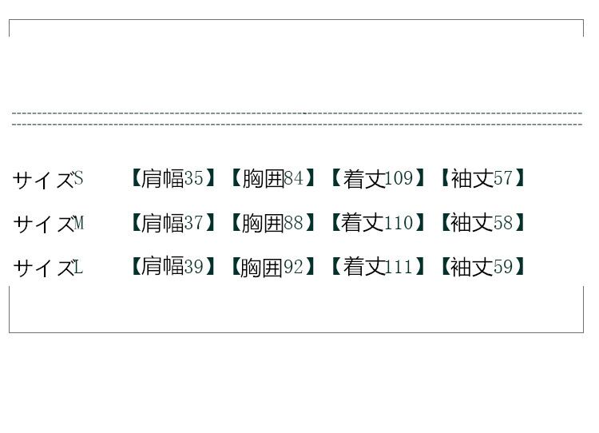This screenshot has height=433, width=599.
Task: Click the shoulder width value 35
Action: pyautogui.click(x=194, y=178)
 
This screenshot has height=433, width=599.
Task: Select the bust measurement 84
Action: pyautogui.click(x=294, y=178)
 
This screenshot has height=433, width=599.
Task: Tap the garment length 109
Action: pyautogui.click(x=399, y=178)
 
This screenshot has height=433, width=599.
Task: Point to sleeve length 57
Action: pyautogui.click(x=503, y=178)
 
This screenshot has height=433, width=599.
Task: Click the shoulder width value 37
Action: pyautogui.click(x=194, y=223)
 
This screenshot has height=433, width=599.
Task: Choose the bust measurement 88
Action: pyautogui.click(x=294, y=223)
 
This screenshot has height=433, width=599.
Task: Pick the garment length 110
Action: pyautogui.click(x=399, y=223)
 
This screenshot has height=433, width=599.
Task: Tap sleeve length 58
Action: pyautogui.click(x=503, y=223)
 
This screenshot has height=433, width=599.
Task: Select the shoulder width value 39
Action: pyautogui.click(x=194, y=267)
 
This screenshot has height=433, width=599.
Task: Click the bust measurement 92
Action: pyautogui.click(x=294, y=267)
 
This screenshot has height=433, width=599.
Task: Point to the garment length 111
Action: pyautogui.click(x=399, y=267)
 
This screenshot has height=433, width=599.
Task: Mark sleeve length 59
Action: pyautogui.click(x=503, y=267)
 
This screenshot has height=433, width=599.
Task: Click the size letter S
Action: pyautogui.click(x=78, y=178)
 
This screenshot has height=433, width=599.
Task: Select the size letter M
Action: pyautogui.click(x=78, y=223)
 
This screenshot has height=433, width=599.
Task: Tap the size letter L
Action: pyautogui.click(x=78, y=267)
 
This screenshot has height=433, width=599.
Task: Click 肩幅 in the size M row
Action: pyautogui.click(x=162, y=223)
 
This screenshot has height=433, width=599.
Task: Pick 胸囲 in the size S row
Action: pyautogui.click(x=263, y=178)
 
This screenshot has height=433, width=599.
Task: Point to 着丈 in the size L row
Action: pyautogui.click(x=364, y=267)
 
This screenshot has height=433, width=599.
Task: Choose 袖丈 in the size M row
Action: pyautogui.click(x=471, y=223)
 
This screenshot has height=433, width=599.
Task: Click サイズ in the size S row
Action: pyautogui.click(x=42, y=180)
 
